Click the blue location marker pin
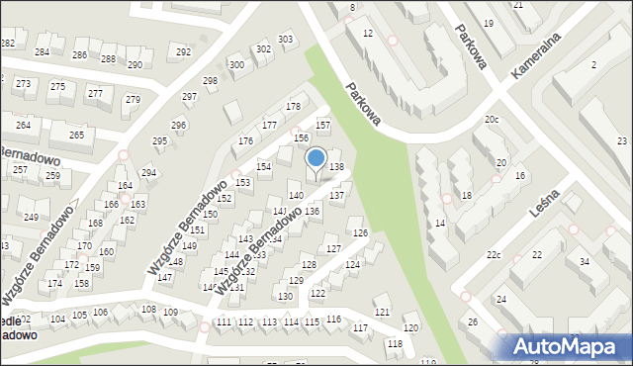tap(316, 160)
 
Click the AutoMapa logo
tap(572, 345)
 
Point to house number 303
tap(286, 40)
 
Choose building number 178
tap(293, 106)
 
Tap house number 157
tap(322, 126)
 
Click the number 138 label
tap(336, 168)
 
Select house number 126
tap(361, 232)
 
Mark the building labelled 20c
tap(492, 120)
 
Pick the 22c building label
tap(494, 256)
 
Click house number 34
tap(585, 261)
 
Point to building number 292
tap(183, 51)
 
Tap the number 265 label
tap(76, 135)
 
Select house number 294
tap(148, 173)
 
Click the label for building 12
tap(368, 34)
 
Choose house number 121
tap(382, 313)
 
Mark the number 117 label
tap(360, 327)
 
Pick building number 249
tap(31, 217)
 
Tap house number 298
tap(210, 80)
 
